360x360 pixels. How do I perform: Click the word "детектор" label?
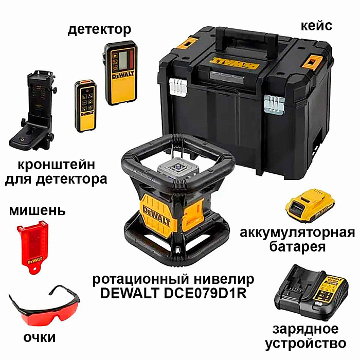tap(99, 29)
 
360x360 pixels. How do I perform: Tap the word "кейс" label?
tap(318, 25)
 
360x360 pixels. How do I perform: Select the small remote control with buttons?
tap(84, 105)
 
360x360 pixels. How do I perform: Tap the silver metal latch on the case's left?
tap(177, 87)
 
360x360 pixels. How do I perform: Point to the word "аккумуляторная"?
tap(298, 232)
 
